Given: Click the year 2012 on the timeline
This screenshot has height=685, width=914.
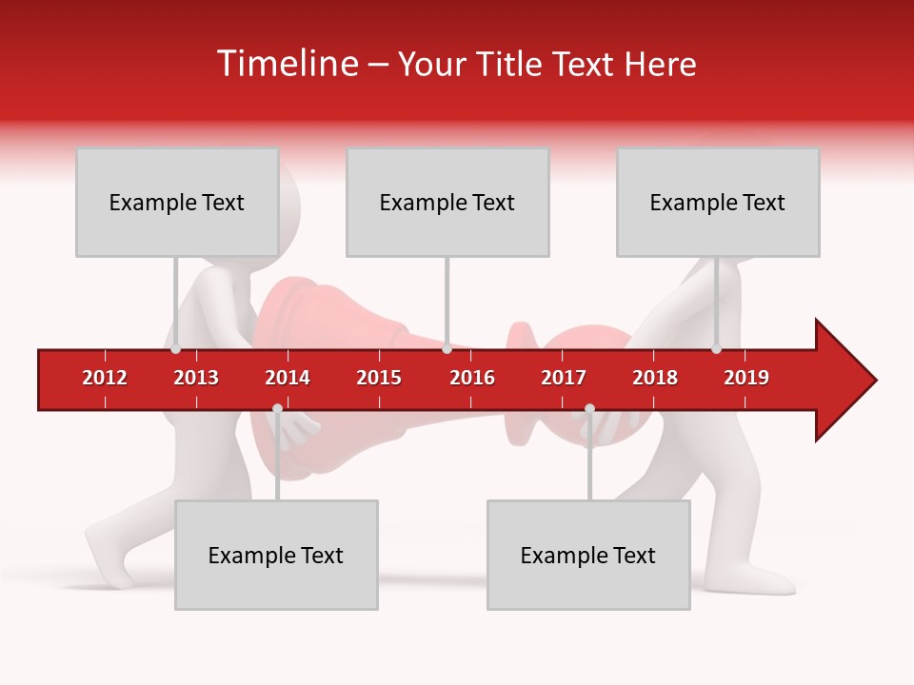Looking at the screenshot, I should [x=105, y=378].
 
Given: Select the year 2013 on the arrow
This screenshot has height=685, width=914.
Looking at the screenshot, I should [x=196, y=378].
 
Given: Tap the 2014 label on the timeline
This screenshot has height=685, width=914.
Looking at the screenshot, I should [x=288, y=378].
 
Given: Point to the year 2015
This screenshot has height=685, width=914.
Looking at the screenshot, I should [x=379, y=378].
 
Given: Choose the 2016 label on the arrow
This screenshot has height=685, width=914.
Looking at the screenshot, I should [x=472, y=378].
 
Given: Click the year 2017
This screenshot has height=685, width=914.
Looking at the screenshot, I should [x=564, y=378].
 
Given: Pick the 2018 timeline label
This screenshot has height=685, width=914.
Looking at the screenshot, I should [x=655, y=378].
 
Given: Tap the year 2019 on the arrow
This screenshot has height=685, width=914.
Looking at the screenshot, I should [x=746, y=378].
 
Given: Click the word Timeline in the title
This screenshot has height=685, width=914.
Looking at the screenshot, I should [x=286, y=64].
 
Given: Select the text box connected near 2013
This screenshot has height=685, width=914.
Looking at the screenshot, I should [x=177, y=202].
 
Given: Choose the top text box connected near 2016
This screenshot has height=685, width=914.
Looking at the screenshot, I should [x=447, y=202].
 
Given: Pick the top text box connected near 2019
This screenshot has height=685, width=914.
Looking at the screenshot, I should [x=718, y=202].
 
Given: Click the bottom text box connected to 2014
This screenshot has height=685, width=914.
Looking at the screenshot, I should [x=276, y=555].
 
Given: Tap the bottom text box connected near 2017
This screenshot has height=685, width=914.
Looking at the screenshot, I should [x=588, y=555].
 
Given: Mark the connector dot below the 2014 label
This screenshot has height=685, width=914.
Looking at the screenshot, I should [x=277, y=409].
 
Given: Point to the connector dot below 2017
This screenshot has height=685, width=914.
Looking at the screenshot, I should [x=589, y=409].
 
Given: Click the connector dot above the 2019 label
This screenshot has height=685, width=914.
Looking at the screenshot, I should [x=717, y=349].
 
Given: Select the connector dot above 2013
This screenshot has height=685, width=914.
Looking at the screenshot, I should [x=176, y=349].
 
